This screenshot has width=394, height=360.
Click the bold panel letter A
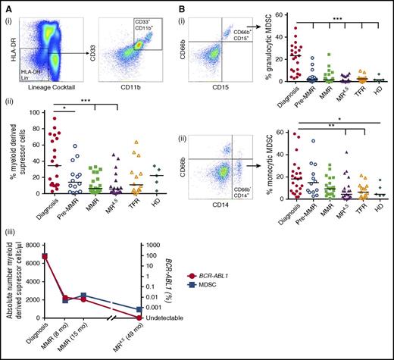click(6, 5)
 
